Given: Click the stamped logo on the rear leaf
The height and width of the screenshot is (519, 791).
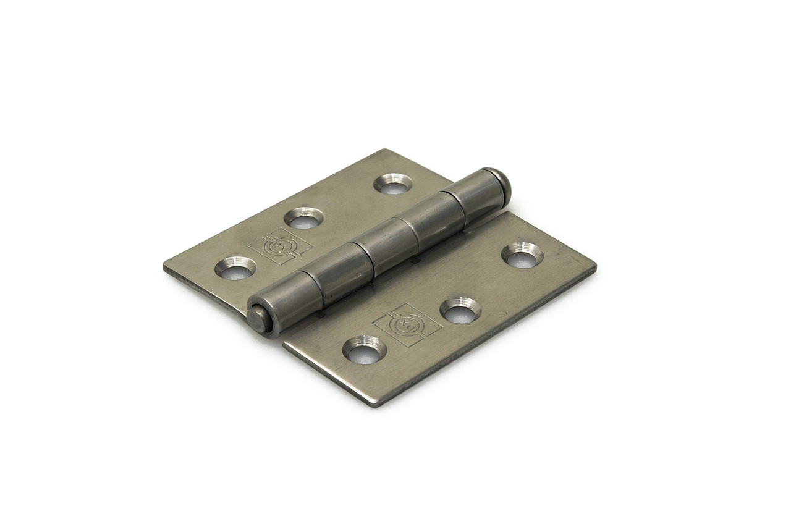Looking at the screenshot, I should (280, 246).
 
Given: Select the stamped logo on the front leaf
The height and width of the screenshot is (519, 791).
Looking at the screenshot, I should (407, 323).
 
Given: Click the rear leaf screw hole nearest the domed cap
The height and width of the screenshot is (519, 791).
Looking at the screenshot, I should (393, 184).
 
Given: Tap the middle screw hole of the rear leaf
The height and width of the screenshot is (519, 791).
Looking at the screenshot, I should (304, 218).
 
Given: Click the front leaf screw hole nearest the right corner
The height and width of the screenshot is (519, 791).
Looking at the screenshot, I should (522, 255).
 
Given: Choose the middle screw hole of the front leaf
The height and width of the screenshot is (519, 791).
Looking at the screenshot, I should (460, 311).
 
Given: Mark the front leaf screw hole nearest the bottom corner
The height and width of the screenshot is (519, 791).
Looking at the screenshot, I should (364, 350).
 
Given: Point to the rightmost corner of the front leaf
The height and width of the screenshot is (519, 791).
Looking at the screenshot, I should (594, 266).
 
